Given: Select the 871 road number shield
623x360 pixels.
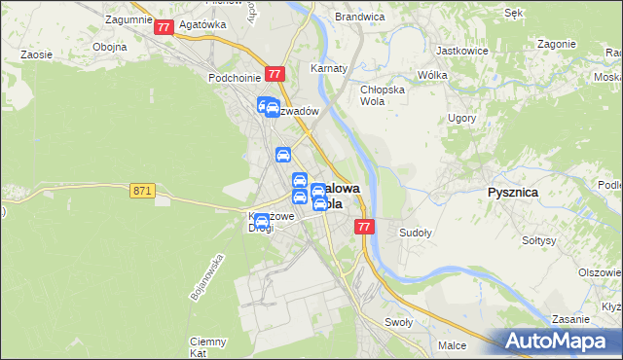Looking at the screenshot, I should click(x=142, y=191).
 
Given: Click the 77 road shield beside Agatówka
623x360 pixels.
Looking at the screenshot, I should click(x=163, y=28).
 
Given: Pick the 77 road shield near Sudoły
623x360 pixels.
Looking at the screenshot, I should click(x=364, y=227).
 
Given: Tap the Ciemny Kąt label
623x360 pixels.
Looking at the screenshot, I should click(x=208, y=346).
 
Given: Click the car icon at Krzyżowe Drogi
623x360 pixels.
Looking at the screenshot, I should click(x=261, y=223).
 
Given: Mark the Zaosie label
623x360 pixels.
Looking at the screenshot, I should click(x=36, y=55).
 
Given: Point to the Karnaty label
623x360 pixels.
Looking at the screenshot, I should click(x=329, y=69).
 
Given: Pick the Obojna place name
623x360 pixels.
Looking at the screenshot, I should click(x=109, y=47).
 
